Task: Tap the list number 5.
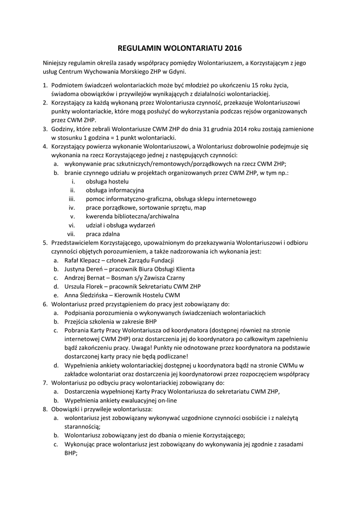point(45,243)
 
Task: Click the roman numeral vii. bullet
point(71,234)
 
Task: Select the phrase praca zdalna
point(103,234)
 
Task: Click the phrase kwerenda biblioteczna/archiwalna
point(132,216)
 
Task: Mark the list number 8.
point(45,409)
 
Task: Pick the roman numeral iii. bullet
point(71,199)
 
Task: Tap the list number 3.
point(45,129)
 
